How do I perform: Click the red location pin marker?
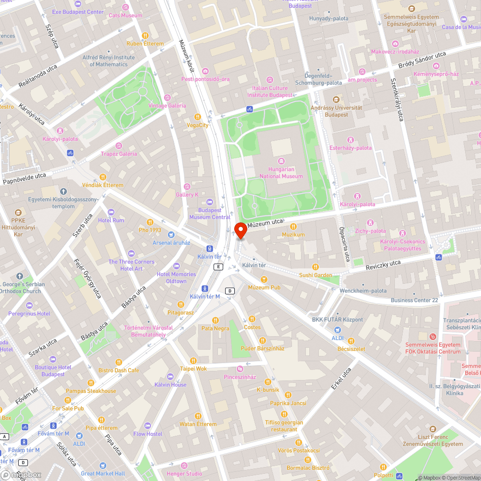pyautogui.click(x=240, y=230)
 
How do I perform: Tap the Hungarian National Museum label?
pyautogui.click(x=281, y=173)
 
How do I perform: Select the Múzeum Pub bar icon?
pyautogui.click(x=264, y=279)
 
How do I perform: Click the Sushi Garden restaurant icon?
pyautogui.click(x=316, y=267)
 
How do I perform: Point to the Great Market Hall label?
pyautogui.click(x=103, y=473)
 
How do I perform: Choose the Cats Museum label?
pyautogui.click(x=125, y=15)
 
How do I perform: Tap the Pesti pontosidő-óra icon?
pyautogui.click(x=205, y=71)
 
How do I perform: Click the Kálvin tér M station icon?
pyautogui.click(x=205, y=288)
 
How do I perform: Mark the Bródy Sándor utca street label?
pyautogui.click(x=422, y=61)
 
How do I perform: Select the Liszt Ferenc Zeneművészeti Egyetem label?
pyautogui.click(x=432, y=440)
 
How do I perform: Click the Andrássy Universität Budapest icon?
pyautogui.click(x=336, y=99)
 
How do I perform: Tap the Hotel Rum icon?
pyautogui.click(x=111, y=212)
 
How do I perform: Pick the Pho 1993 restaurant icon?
pyautogui.click(x=150, y=222)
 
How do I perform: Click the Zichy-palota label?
pyautogui.click(x=370, y=231)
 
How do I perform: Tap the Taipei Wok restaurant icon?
pyautogui.click(x=193, y=360)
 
